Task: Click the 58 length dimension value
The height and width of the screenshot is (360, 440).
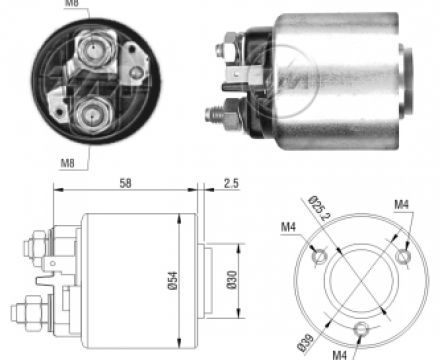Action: tap(125, 183)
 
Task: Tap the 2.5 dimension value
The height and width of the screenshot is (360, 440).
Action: tap(231, 183)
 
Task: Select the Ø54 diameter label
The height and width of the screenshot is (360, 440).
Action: tap(173, 281)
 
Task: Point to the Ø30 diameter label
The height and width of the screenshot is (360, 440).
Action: tap(232, 280)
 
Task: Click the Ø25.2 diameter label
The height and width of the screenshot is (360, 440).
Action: tap(319, 209)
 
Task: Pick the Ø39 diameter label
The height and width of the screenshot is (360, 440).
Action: tap(305, 343)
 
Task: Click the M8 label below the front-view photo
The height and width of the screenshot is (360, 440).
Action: tap(67, 163)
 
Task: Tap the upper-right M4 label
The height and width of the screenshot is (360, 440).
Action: tap(401, 204)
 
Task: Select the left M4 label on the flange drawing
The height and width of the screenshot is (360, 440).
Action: tap(288, 227)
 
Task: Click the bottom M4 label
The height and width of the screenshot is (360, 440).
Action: tap(339, 355)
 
